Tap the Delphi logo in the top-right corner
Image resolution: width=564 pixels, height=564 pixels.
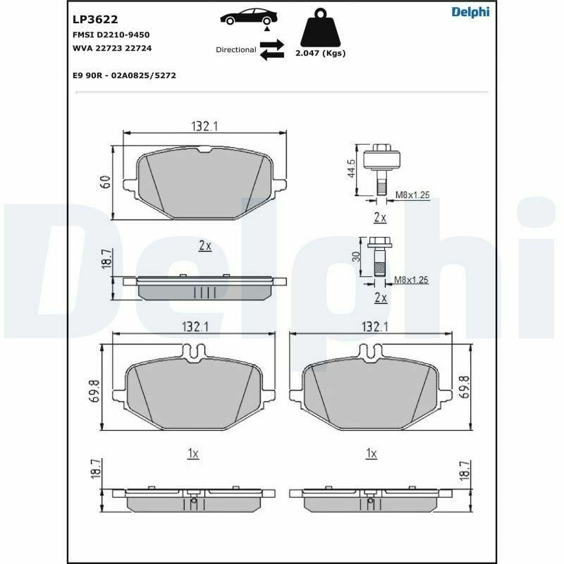point(470,12)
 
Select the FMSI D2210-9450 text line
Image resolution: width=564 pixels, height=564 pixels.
point(111,35)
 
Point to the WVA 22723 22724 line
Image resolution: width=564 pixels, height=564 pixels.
point(112,48)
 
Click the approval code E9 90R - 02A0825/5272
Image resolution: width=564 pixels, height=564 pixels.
point(124,75)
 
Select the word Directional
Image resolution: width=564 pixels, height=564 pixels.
point(235,50)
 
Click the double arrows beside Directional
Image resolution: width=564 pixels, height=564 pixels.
point(271,50)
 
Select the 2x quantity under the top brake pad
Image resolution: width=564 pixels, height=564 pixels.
point(205,245)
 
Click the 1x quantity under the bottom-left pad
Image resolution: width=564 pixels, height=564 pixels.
point(193,454)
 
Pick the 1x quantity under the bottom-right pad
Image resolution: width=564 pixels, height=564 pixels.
point(372,454)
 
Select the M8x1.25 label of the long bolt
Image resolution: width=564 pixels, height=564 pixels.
point(412,195)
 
